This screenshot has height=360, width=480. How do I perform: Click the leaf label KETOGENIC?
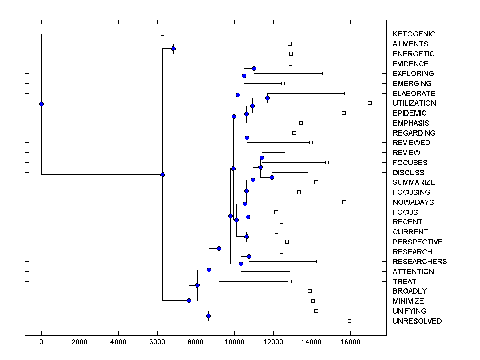[x=414, y=34]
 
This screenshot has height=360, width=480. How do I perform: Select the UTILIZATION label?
[x=414, y=103]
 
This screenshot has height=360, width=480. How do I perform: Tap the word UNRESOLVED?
[x=417, y=321]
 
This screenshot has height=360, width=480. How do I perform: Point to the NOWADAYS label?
[x=413, y=202]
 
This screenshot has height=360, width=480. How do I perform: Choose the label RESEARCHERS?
[x=420, y=262]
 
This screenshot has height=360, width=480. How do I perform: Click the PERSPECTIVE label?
[x=418, y=242]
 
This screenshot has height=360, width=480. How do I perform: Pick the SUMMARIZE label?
[x=414, y=182]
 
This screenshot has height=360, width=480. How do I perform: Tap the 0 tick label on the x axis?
[x=41, y=343]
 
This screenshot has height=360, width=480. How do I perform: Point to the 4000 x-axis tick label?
[x=118, y=343]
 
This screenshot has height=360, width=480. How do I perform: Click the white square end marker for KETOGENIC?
[x=162, y=34]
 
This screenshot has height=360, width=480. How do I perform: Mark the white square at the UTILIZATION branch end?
[x=370, y=103]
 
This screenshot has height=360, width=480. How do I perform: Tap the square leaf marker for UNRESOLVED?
[x=349, y=321]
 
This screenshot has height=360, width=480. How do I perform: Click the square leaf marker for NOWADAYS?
[x=344, y=202]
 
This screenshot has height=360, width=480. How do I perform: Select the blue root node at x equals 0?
[x=41, y=104]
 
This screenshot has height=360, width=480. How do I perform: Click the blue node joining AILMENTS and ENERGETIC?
[x=173, y=48]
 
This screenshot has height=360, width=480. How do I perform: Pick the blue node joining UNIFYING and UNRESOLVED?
[x=208, y=316]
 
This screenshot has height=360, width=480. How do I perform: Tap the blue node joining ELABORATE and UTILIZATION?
[x=267, y=98]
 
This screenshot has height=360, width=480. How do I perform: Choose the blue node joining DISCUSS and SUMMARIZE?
[x=272, y=177]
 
